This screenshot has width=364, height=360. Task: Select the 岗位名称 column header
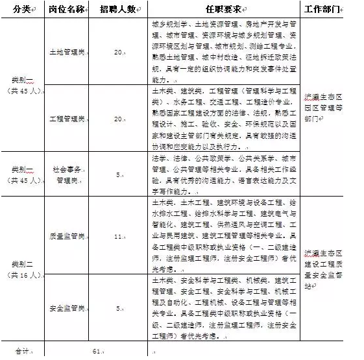point(67,8)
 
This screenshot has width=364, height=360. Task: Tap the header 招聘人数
point(117,8)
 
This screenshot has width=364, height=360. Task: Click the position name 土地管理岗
point(67,53)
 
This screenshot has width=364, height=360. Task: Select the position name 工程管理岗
point(67,119)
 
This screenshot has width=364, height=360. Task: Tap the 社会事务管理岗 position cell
point(67,174)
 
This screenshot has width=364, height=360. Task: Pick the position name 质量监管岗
point(67,237)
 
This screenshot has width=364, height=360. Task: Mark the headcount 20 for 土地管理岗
point(117,53)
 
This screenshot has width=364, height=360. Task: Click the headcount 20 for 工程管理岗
point(117,119)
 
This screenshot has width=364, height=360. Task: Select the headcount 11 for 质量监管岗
point(117,237)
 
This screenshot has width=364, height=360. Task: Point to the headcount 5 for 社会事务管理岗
point(117,174)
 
